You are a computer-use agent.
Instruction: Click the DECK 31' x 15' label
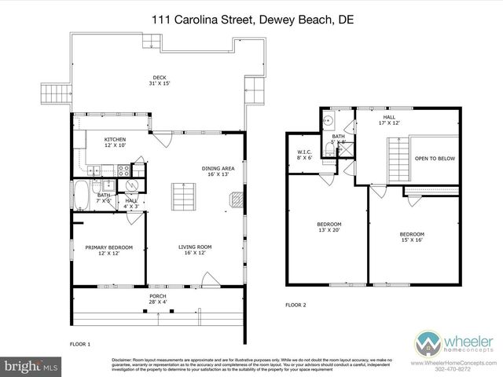point(159,80)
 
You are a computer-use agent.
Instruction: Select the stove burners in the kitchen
point(123,170)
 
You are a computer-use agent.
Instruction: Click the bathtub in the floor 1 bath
point(82,192)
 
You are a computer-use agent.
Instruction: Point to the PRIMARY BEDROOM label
point(108,250)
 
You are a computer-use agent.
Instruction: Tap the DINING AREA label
point(217,171)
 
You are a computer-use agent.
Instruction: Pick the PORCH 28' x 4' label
point(159,300)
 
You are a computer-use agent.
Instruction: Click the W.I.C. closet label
point(305,155)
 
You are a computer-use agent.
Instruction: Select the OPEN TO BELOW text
point(435,159)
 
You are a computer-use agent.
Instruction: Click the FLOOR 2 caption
point(295,305)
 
